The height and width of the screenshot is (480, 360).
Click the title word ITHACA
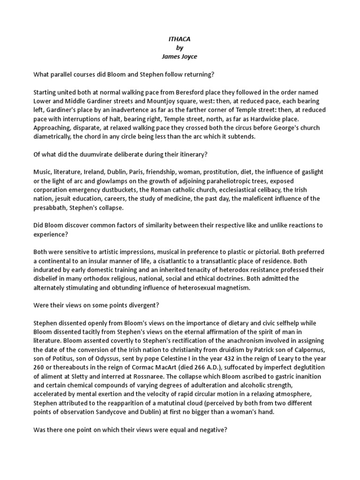click(180, 40)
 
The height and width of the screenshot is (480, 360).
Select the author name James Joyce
click(180, 57)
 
